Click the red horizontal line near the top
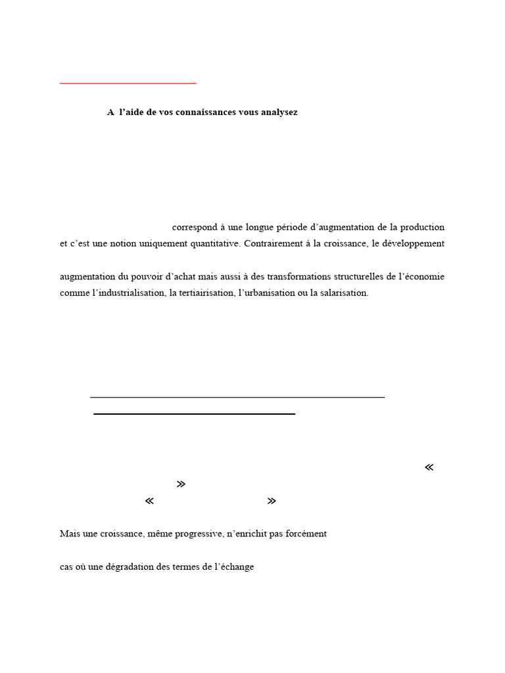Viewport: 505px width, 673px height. (x=128, y=83)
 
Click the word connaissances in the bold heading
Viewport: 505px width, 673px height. (x=208, y=112)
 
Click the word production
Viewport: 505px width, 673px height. (x=421, y=227)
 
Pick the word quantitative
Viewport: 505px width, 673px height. (x=214, y=244)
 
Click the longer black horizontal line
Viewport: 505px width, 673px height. (x=237, y=397)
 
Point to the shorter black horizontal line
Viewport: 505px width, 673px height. (x=194, y=414)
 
